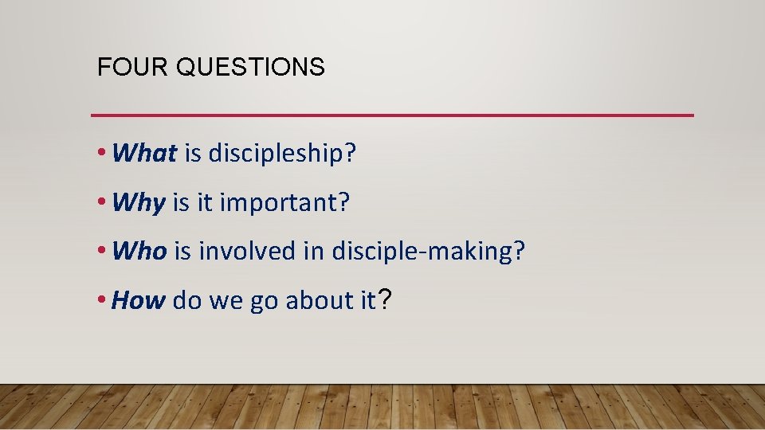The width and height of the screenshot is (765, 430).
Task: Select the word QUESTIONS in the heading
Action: [x=250, y=68]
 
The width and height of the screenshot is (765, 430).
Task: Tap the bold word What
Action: [x=145, y=154]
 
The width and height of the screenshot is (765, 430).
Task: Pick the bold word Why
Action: [x=139, y=203]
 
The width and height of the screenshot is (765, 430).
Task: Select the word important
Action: [x=284, y=203]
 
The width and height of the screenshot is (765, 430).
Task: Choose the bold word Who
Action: [x=140, y=252]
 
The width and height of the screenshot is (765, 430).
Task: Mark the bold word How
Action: [x=139, y=300]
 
